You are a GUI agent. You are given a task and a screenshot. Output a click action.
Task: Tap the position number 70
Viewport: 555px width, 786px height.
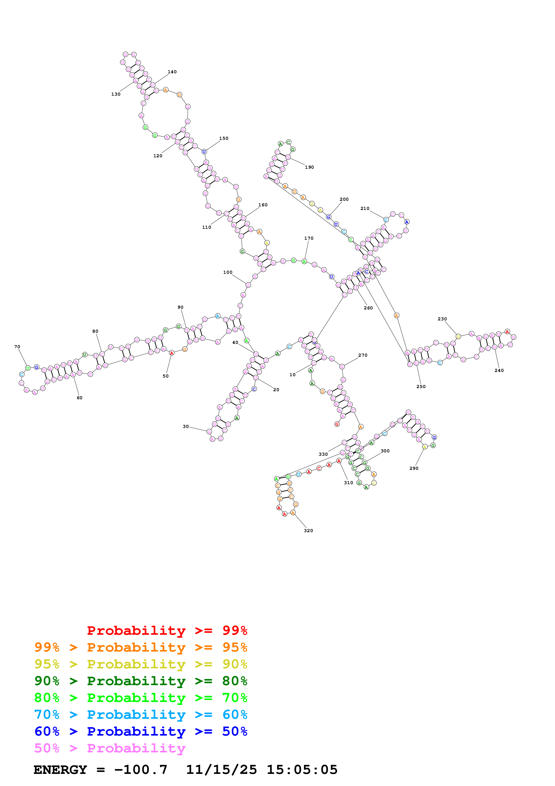point(17,347)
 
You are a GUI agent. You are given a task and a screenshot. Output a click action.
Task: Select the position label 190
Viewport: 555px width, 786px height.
point(309,167)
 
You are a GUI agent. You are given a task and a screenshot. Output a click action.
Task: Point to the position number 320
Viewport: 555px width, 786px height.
point(308,531)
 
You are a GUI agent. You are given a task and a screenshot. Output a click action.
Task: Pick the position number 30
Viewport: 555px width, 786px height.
point(185,427)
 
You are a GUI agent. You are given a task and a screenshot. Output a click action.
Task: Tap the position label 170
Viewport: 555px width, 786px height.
point(309,238)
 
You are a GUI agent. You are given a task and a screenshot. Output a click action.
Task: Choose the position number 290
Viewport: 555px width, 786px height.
point(414,468)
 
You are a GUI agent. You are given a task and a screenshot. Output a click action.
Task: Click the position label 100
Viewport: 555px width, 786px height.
point(227,272)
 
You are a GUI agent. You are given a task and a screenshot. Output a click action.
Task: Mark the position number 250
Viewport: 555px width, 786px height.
point(421,387)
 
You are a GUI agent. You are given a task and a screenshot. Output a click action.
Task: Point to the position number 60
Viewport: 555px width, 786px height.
point(79,398)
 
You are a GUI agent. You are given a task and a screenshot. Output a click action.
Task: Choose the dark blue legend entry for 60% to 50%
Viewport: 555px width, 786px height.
point(141,731)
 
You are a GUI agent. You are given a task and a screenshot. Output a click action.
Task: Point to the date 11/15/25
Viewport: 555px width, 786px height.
point(221,770)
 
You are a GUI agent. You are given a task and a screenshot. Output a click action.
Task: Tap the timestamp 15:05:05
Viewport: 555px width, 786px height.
point(302,770)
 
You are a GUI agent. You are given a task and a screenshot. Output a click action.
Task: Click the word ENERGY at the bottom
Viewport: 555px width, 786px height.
point(60,770)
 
